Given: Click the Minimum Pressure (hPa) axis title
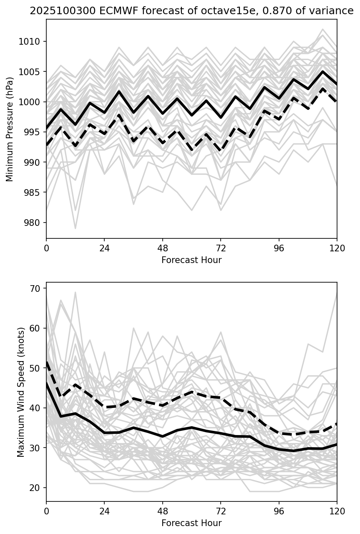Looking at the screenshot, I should (x=10, y=129).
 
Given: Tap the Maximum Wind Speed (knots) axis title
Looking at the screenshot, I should (x=21, y=392).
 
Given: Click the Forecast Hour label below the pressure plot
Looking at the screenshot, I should (x=191, y=260).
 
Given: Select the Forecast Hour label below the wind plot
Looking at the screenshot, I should (x=191, y=523).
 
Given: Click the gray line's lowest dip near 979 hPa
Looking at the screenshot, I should (x=76, y=228).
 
